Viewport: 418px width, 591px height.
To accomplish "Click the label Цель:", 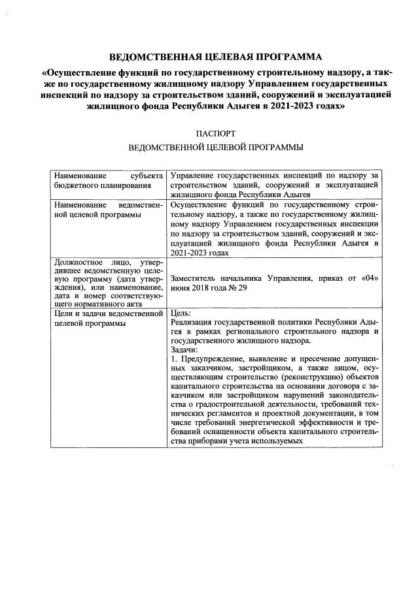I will click(181, 313).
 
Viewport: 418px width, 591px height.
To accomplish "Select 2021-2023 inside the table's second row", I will click(190, 252).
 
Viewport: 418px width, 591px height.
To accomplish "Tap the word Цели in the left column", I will click(64, 313).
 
